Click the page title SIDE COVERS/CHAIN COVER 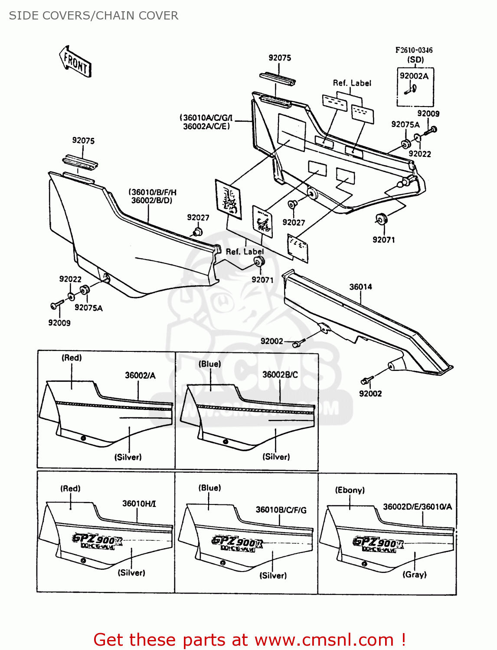94,16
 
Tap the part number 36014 360,287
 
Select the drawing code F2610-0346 414,50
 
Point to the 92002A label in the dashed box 414,76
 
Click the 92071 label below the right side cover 384,240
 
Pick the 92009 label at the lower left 59,323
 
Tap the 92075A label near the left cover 88,308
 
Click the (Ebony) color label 350,490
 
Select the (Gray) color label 415,575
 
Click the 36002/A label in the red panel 140,375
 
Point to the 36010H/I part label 139,504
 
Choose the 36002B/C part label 280,374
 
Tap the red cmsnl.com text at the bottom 249,640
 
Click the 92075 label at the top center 280,58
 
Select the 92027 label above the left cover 198,218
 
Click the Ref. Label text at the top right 352,83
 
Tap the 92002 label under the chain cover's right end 370,393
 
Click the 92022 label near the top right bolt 419,154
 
